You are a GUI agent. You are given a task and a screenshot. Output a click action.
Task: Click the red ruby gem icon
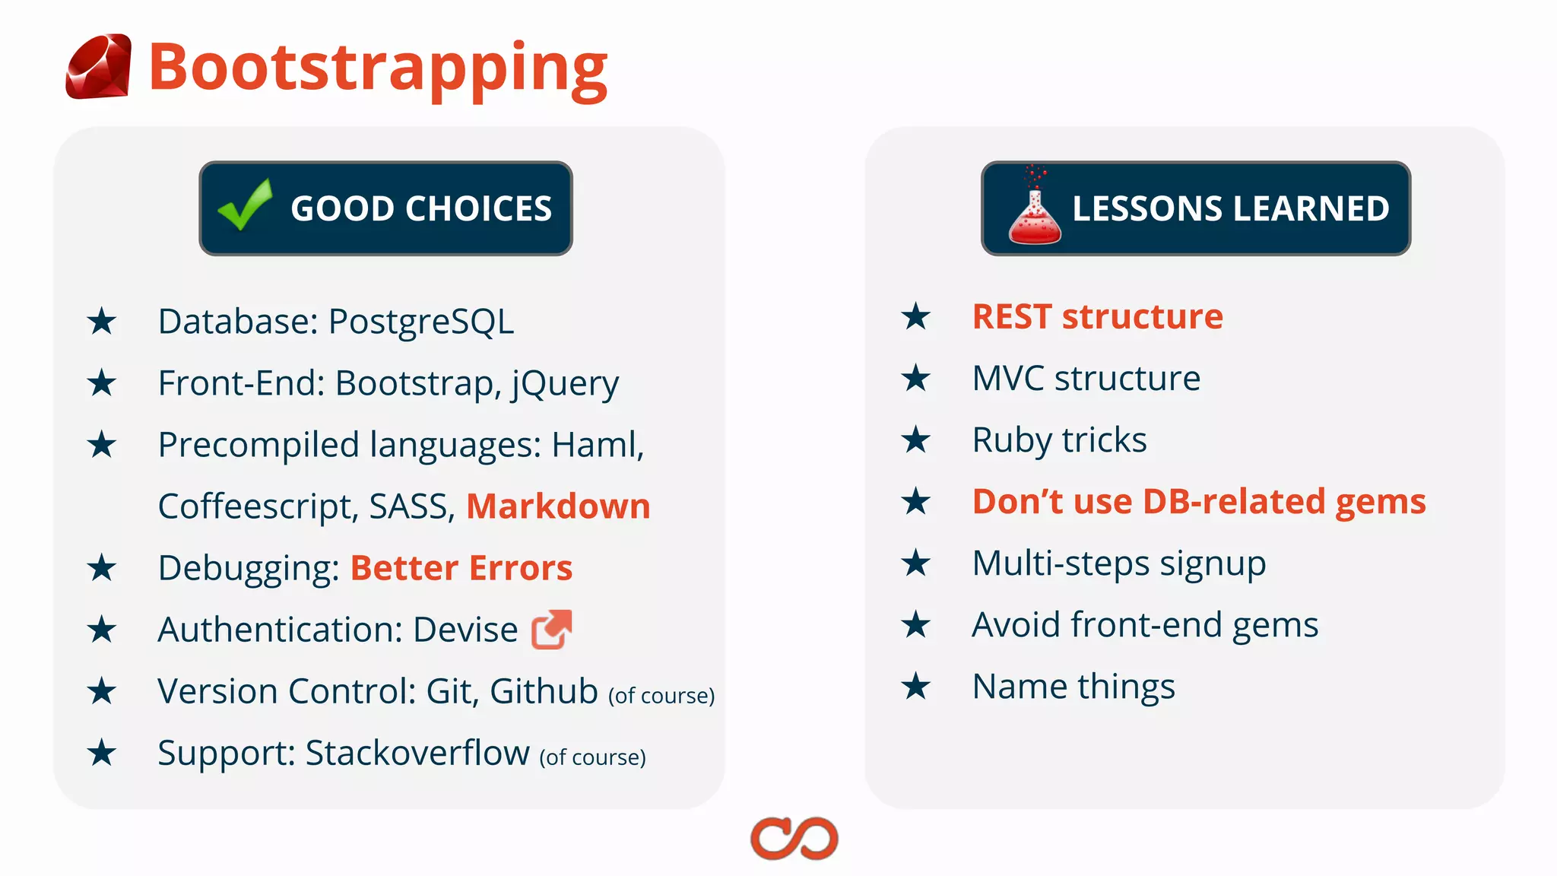(x=98, y=67)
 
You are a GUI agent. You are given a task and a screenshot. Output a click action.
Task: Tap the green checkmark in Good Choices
(x=245, y=205)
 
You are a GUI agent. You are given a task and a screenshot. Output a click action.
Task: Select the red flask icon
(x=1034, y=211)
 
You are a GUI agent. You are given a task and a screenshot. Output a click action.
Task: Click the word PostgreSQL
(x=421, y=322)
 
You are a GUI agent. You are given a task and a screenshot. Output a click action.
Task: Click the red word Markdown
(x=558, y=506)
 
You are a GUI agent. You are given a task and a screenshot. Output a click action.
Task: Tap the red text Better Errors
(x=461, y=568)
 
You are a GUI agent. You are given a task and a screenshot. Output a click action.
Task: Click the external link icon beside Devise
(x=551, y=630)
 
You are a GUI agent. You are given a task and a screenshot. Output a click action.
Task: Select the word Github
(x=544, y=691)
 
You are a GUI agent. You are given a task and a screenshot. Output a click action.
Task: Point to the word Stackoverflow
(x=417, y=753)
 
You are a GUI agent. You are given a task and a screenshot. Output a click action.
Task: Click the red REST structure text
(x=1097, y=316)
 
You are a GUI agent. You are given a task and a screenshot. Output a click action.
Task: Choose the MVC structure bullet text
(x=1086, y=379)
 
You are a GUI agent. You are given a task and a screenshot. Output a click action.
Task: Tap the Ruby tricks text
(x=1059, y=440)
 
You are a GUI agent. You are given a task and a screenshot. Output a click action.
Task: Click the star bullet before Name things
(x=915, y=687)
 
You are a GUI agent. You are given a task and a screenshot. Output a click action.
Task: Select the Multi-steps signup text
(x=1118, y=563)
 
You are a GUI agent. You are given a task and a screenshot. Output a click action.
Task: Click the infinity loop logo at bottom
(x=794, y=839)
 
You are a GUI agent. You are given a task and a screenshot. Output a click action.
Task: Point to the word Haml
(x=597, y=445)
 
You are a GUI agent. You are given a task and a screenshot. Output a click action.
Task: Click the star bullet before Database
(x=101, y=322)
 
